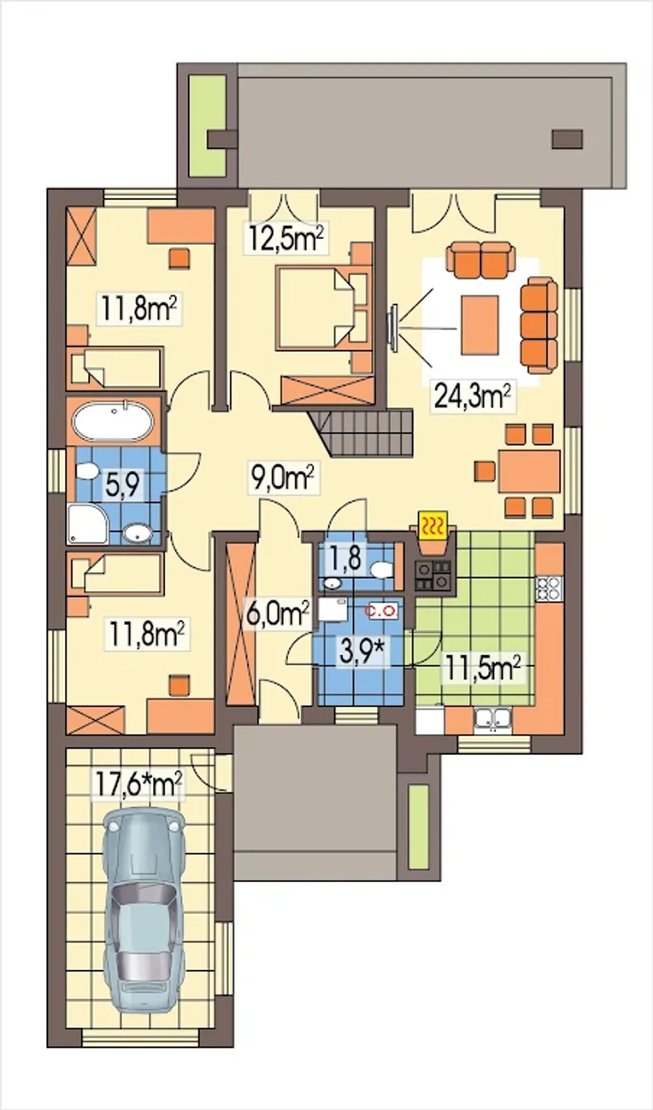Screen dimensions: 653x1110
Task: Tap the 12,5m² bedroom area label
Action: [x=287, y=237]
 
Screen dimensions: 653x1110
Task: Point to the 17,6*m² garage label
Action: [x=138, y=785]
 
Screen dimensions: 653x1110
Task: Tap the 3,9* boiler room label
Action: [x=361, y=653]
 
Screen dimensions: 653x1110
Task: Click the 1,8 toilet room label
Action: [x=346, y=558]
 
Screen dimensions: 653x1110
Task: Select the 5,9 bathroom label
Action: [x=122, y=485]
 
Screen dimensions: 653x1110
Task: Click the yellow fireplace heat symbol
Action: [x=433, y=526]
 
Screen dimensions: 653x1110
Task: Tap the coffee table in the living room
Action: [x=480, y=325]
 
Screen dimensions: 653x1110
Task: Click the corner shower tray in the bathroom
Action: [x=88, y=524]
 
